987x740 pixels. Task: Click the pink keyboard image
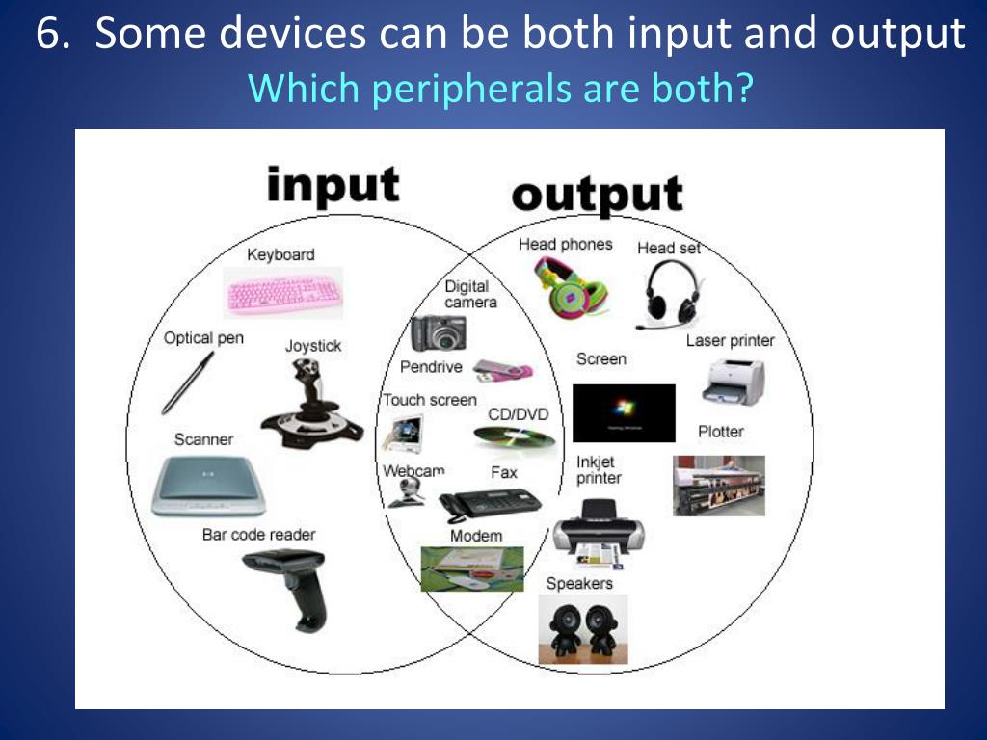point(282,292)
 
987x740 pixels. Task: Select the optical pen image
point(187,383)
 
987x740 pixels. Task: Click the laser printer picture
point(733,381)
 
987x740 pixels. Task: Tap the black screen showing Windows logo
point(624,412)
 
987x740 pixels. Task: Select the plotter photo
point(718,485)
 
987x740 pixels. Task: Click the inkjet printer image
point(599,535)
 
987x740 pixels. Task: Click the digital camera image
point(439,333)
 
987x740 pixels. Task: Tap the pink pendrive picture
point(503,370)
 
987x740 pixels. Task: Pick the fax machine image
point(489,503)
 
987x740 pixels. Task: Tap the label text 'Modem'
point(476,536)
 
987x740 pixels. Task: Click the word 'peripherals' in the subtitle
point(443,89)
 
